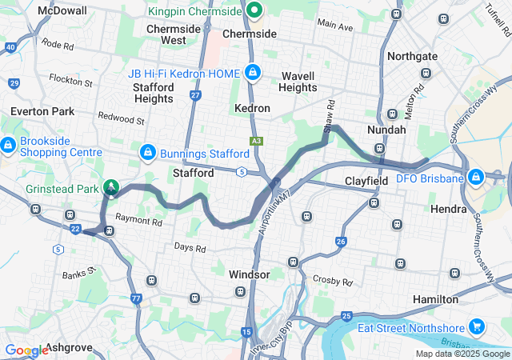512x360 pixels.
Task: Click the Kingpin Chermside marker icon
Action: coord(254,10)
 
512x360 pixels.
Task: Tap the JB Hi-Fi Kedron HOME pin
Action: coord(253,73)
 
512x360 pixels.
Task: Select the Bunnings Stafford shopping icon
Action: coord(147,152)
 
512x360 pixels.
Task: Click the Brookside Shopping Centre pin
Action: coord(8,146)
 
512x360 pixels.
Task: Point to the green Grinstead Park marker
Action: coord(111,188)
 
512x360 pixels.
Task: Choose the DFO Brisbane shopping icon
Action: coord(475,176)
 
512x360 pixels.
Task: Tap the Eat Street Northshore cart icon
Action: coord(477,326)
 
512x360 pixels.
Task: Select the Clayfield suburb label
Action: coord(366,182)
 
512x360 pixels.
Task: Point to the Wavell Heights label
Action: coord(299,82)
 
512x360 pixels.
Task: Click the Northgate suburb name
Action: coord(413,57)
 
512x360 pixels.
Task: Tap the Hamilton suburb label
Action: coord(436,299)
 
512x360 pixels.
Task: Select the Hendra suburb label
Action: coord(449,209)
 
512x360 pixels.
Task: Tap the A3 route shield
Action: coord(256,141)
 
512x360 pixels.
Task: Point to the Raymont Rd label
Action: coord(138,218)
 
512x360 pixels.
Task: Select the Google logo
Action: coord(26,350)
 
